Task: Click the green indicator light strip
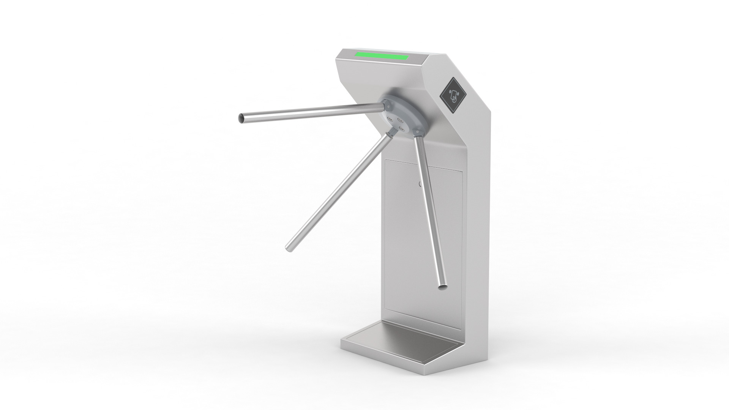pos(381,57)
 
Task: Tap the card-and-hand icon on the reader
pos(454,96)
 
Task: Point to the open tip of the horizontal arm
pos(241,118)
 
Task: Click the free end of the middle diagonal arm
pos(288,247)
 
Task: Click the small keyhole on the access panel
pos(420,185)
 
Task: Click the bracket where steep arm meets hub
pos(417,132)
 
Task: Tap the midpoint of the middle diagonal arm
pos(338,192)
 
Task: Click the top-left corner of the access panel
pos(386,161)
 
